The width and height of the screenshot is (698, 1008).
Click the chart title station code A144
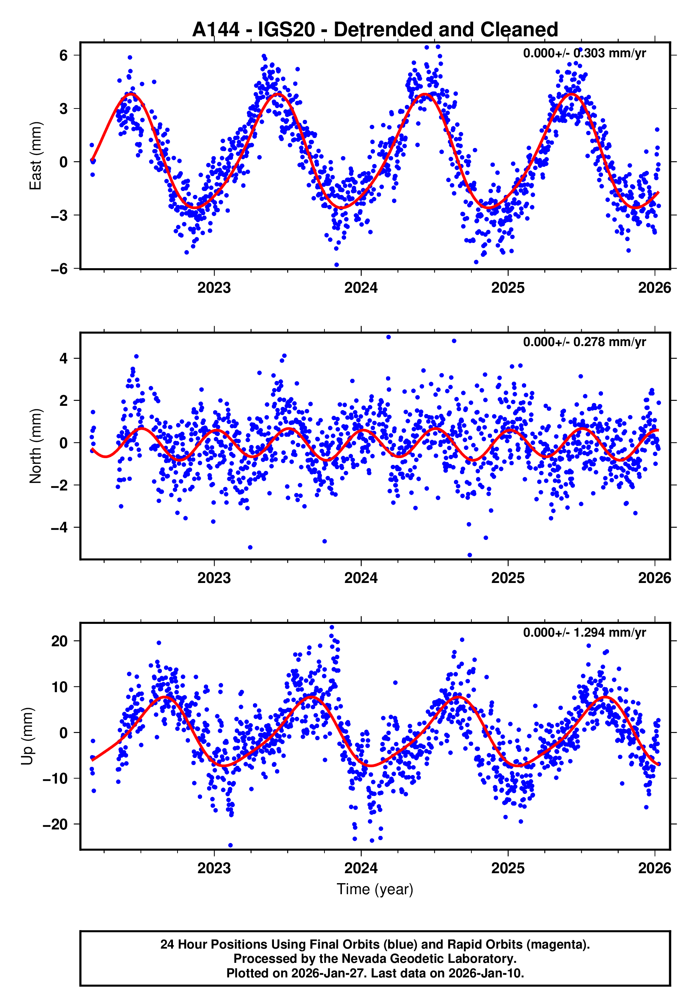click(x=216, y=30)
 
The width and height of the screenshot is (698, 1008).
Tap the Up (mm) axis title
click(x=27, y=736)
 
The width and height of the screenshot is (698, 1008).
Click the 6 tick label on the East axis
click(x=64, y=55)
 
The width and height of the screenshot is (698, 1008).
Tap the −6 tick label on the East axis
click(x=59, y=269)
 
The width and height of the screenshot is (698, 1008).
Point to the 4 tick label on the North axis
click(x=64, y=359)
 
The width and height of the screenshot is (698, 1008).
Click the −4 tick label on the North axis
click(x=59, y=527)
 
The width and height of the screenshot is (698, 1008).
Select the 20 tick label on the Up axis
click(x=59, y=641)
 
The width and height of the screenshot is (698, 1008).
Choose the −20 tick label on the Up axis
click(x=55, y=824)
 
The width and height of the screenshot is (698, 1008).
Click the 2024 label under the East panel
click(x=361, y=288)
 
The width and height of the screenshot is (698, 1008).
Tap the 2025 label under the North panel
click(x=507, y=578)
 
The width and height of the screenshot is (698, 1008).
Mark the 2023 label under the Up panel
click(x=214, y=868)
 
